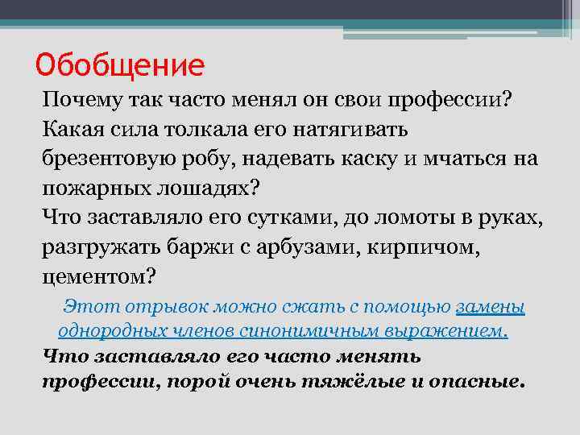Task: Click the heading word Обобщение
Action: [x=121, y=63]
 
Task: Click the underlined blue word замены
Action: [x=490, y=307]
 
